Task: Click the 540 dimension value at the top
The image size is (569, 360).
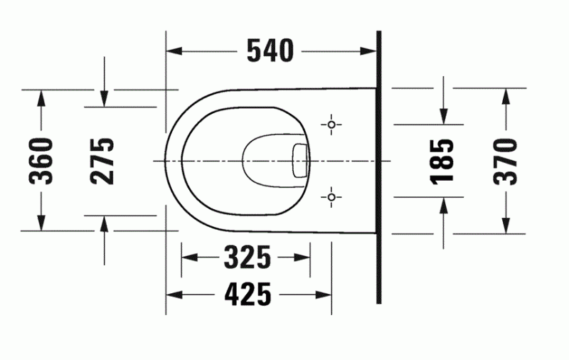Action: pyautogui.click(x=270, y=50)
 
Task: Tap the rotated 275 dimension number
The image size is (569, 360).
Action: pyautogui.click(x=103, y=161)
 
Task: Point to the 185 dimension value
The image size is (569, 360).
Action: pyautogui.click(x=443, y=161)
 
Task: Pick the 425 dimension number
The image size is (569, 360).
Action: pyautogui.click(x=248, y=293)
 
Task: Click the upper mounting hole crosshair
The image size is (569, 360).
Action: pyautogui.click(x=331, y=125)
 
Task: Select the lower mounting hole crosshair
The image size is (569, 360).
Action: pyautogui.click(x=331, y=196)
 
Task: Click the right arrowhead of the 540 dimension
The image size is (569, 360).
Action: pyautogui.click(x=369, y=51)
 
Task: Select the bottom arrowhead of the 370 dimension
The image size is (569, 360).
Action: pyautogui.click(x=506, y=226)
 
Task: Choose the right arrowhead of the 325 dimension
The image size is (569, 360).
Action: pyautogui.click(x=304, y=257)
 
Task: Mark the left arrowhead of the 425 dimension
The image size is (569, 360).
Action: pyautogui.click(x=173, y=293)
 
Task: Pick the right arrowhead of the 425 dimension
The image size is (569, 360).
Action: pyautogui.click(x=326, y=293)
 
